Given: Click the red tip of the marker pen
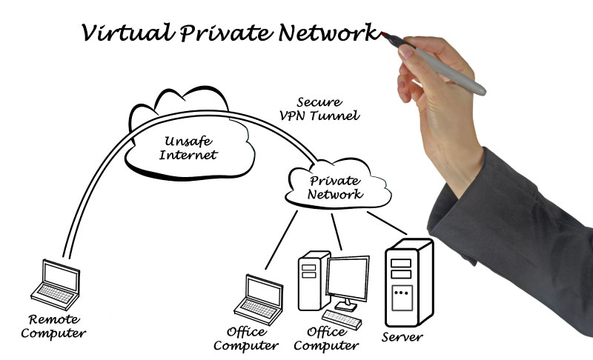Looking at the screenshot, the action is click(x=384, y=35).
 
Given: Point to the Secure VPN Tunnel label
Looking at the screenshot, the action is click(x=319, y=109).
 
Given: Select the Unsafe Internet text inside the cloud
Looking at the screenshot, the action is click(x=188, y=147).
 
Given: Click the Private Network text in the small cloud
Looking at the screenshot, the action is click(x=335, y=187).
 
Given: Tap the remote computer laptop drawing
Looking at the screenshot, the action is click(x=56, y=284).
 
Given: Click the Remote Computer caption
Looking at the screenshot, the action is click(x=53, y=326).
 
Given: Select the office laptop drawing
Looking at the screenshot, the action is click(x=259, y=299).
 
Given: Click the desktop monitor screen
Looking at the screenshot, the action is click(x=348, y=278).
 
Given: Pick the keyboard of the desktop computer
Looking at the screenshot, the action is click(x=342, y=319).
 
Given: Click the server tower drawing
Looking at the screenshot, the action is click(x=409, y=282).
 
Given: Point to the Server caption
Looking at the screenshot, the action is click(x=402, y=336).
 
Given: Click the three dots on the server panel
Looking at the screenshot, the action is click(x=401, y=293).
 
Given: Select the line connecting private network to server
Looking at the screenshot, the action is click(x=386, y=223).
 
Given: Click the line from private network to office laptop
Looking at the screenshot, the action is click(x=282, y=240).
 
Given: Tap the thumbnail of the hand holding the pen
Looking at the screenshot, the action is click(x=405, y=51).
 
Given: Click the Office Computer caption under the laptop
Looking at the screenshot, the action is click(x=246, y=339).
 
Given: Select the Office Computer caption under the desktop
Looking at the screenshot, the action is click(x=326, y=339).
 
